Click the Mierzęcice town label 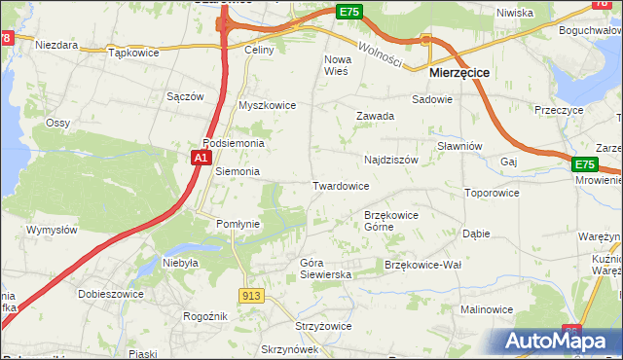(459, 73)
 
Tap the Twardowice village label (340, 186)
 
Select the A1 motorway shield (201, 157)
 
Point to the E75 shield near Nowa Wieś (349, 11)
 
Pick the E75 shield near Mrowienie (584, 165)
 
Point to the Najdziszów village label (390, 159)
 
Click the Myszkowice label (267, 105)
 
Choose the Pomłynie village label (238, 224)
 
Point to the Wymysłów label (52, 230)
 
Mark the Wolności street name (380, 54)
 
